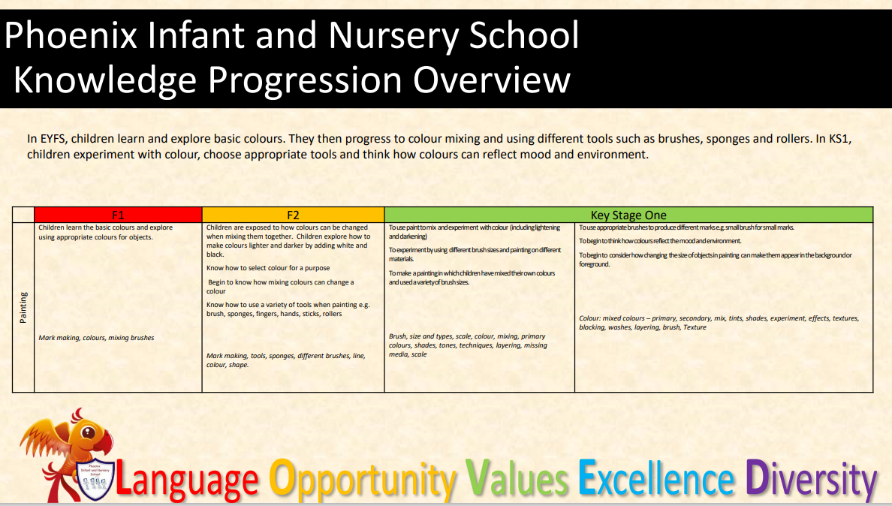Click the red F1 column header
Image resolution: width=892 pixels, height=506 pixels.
click(118, 215)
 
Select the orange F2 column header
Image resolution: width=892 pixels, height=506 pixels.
click(293, 215)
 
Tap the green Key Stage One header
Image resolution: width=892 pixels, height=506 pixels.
click(628, 215)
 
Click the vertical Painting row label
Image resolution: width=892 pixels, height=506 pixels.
click(23, 308)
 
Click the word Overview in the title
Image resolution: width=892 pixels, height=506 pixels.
click(492, 80)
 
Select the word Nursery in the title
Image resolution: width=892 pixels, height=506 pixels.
click(393, 36)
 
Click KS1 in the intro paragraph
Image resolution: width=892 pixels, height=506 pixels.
click(838, 139)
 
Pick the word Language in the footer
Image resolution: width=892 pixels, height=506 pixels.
click(187, 479)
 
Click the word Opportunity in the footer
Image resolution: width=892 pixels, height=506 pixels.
click(363, 480)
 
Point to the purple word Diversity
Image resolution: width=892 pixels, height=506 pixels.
click(811, 480)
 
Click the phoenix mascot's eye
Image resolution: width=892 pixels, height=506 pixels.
click(88, 432)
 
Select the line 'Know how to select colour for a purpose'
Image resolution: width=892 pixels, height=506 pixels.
click(268, 268)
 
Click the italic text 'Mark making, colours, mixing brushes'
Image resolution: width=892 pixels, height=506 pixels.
click(96, 338)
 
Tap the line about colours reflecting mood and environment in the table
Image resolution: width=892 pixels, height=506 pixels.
click(660, 241)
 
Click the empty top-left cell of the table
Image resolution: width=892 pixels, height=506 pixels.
click(23, 215)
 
